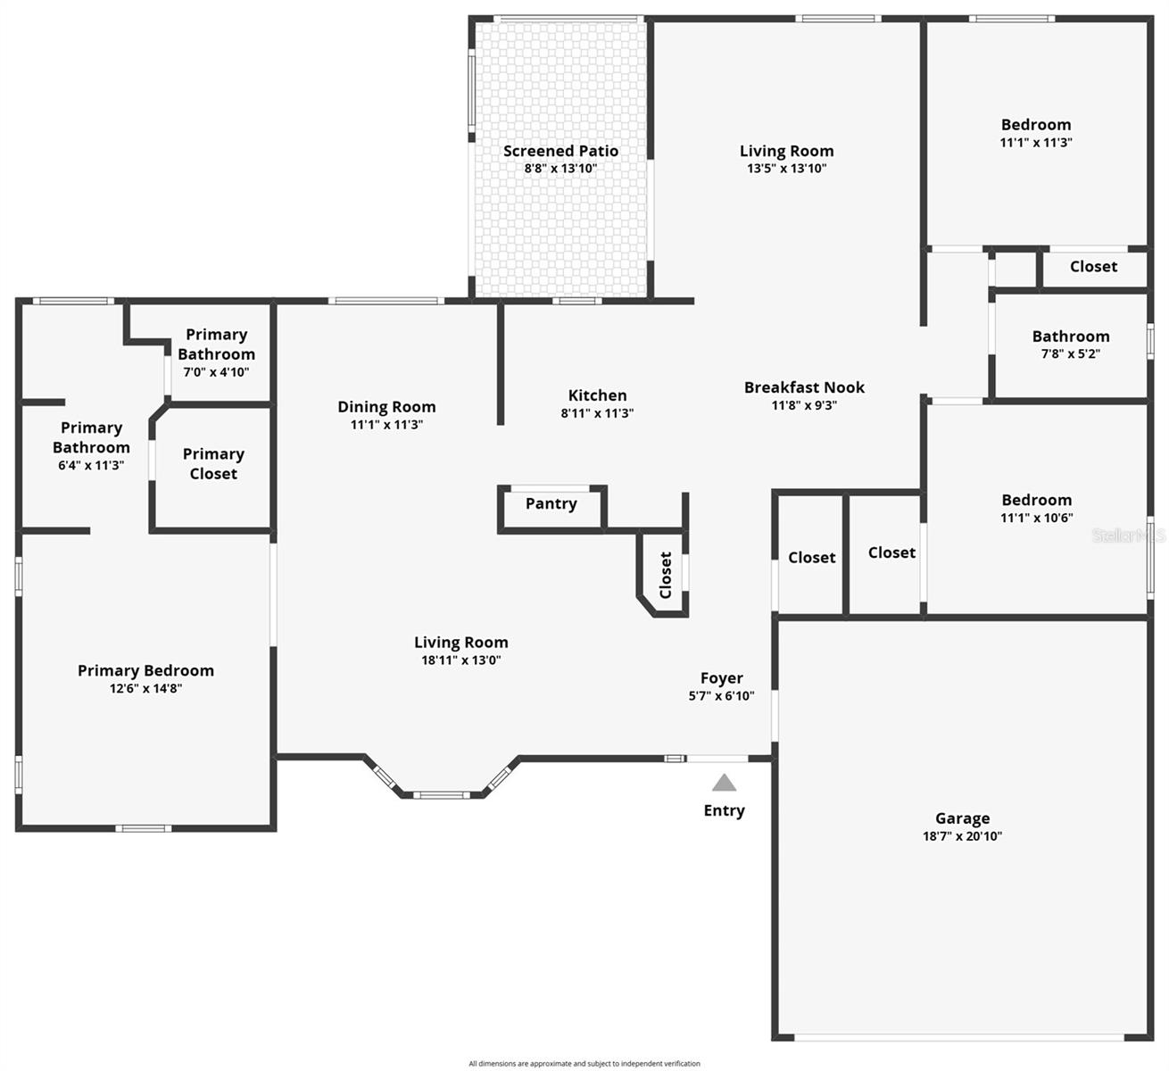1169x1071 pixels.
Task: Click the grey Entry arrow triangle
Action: (724, 784)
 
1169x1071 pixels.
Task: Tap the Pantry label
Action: (551, 503)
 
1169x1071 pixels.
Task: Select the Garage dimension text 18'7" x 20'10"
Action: (962, 836)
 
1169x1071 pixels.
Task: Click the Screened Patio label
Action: (560, 151)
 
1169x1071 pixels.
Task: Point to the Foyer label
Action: (721, 678)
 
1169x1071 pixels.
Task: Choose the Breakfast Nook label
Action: (804, 387)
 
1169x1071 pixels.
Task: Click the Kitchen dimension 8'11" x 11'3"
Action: (597, 413)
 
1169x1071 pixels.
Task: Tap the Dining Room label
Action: (386, 407)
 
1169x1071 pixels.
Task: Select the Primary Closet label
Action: (213, 463)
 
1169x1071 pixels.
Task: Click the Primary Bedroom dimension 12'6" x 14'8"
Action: (145, 688)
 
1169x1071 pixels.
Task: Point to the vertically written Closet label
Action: (666, 575)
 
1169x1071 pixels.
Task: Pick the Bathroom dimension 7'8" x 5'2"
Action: (1071, 353)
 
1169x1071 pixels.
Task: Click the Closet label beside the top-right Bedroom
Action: (1093, 266)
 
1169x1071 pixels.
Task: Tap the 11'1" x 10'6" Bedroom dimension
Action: (1036, 518)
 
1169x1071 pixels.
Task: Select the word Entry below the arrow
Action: (724, 810)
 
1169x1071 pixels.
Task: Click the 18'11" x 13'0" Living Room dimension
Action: (460, 660)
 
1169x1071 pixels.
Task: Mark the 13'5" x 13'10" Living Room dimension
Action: (786, 168)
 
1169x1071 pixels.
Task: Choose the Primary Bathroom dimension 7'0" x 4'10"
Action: (216, 372)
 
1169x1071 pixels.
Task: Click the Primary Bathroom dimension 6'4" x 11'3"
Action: (91, 465)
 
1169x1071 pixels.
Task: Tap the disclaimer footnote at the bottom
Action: (584, 1063)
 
